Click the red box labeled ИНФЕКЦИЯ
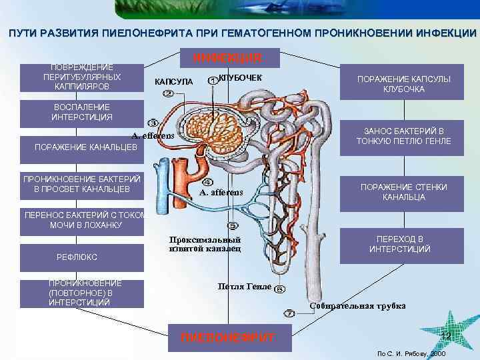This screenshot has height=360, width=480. [227, 58]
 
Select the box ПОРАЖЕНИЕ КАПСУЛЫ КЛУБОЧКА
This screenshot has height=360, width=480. [404, 84]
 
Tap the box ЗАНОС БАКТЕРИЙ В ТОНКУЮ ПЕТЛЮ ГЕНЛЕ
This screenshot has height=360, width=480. [403, 136]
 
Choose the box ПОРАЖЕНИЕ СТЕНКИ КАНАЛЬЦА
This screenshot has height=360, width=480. [403, 192]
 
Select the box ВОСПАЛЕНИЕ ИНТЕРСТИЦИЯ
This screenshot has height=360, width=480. [82, 112]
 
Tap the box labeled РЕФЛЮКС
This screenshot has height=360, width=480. [82, 257]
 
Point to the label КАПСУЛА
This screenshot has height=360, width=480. [174, 81]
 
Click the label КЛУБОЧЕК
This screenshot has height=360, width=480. [240, 79]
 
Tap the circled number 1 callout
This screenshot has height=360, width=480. [212, 80]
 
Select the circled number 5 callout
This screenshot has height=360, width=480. [233, 226]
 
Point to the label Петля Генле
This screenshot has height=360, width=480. [244, 287]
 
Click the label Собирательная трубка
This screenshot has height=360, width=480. [357, 306]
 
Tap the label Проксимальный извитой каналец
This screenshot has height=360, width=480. [205, 244]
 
